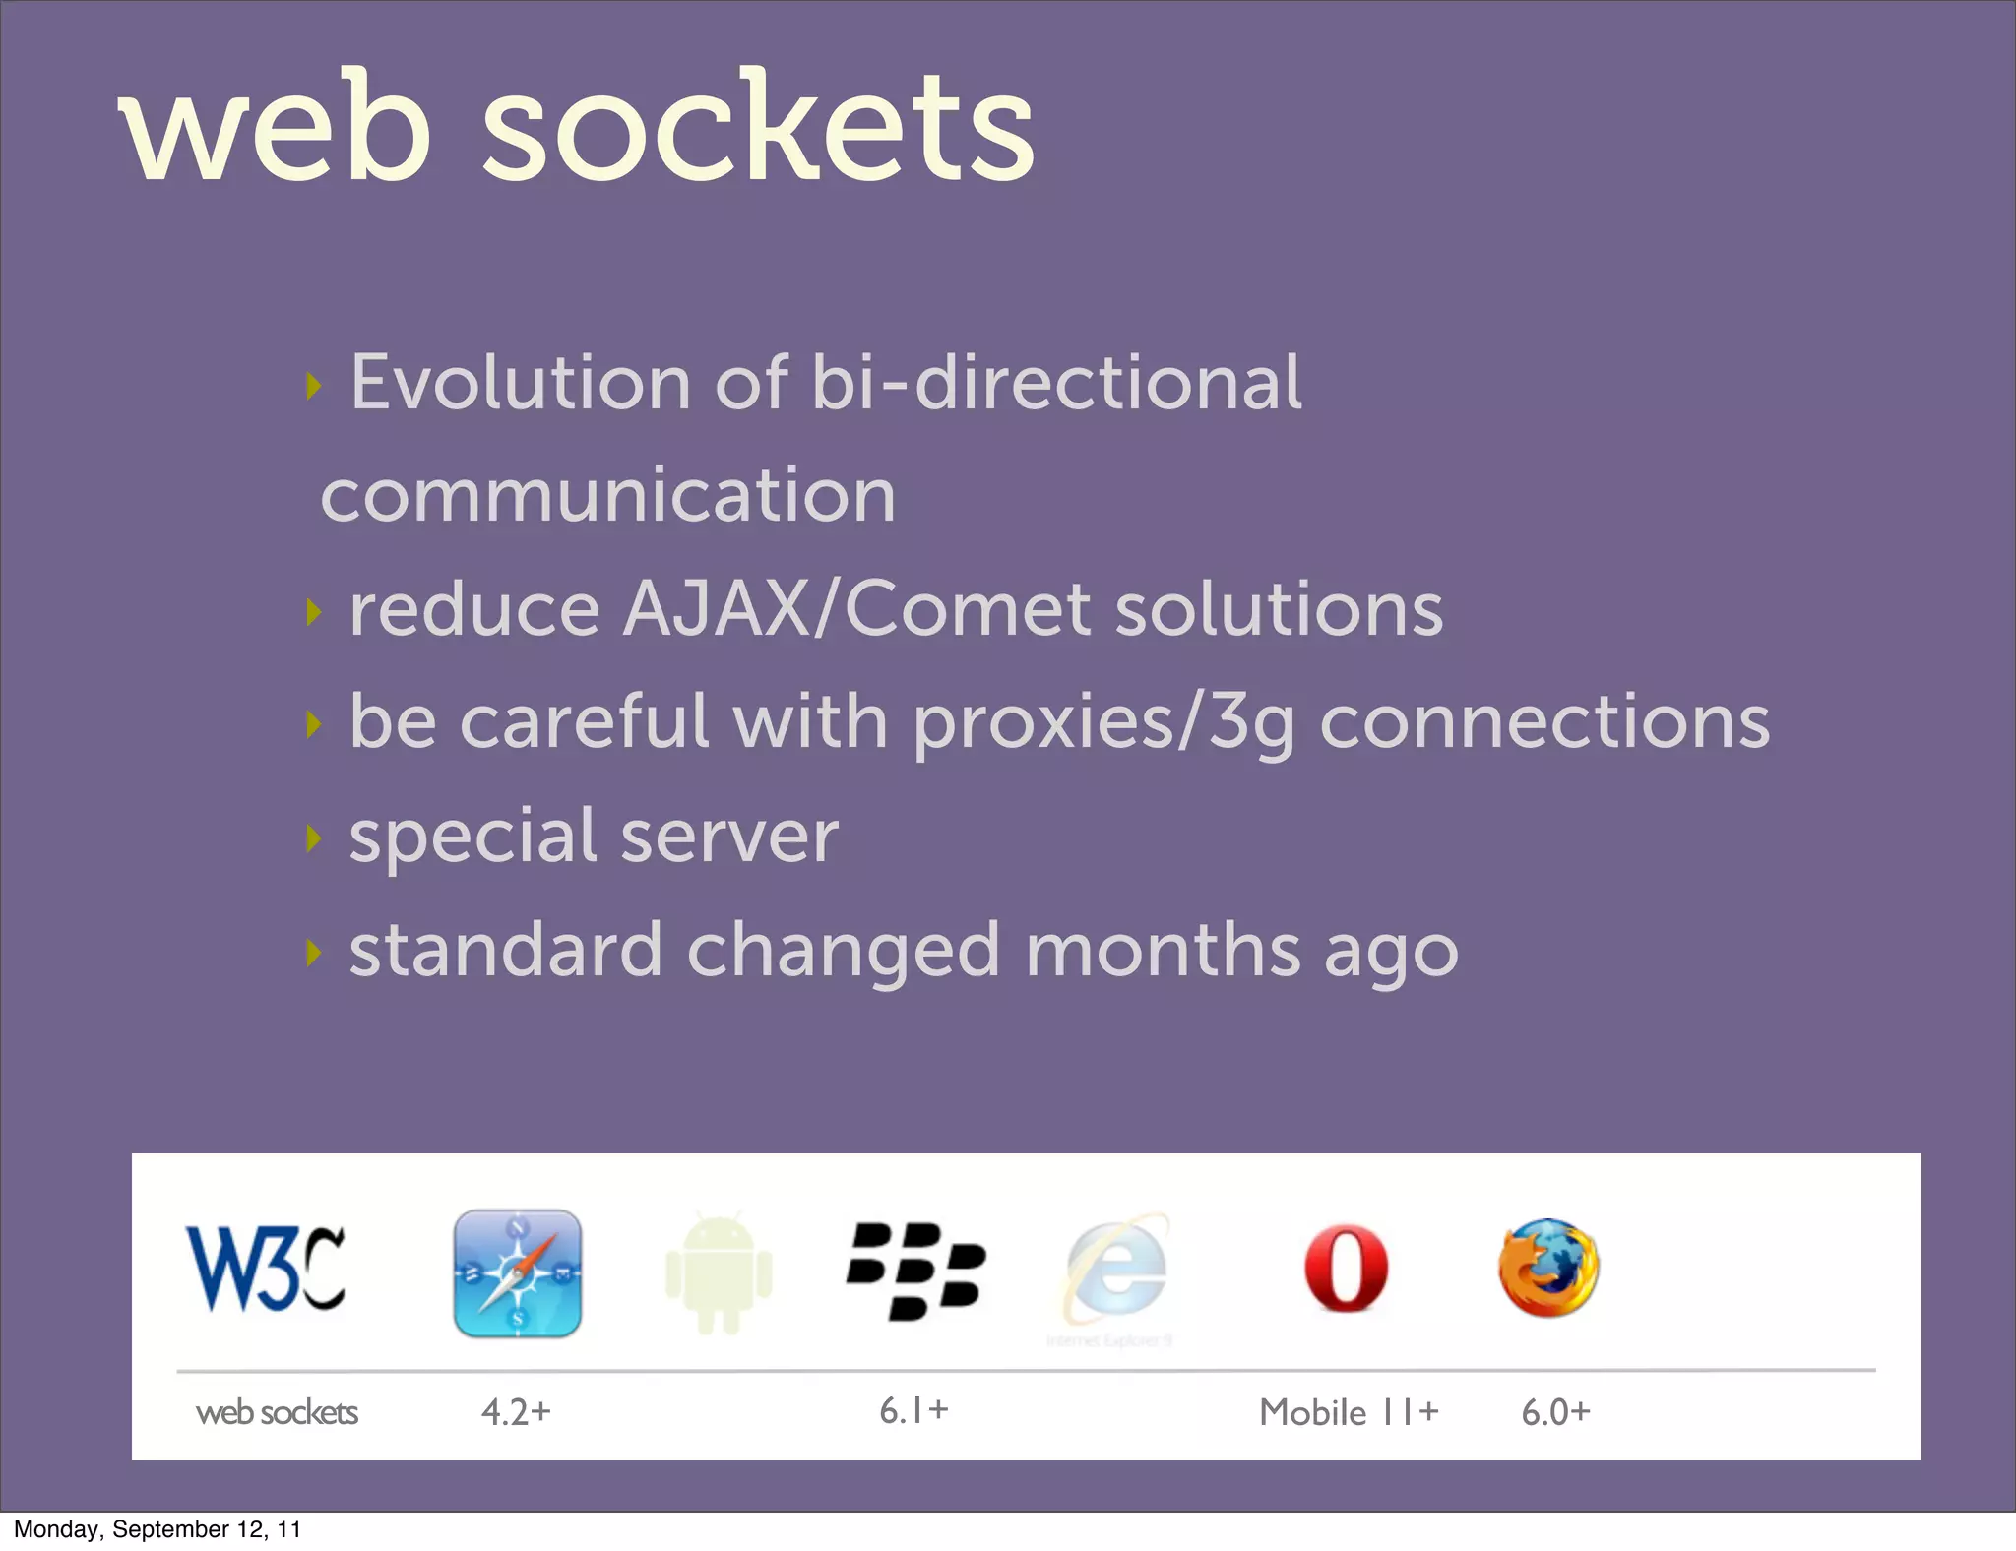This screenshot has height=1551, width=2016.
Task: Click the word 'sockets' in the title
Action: tap(758, 128)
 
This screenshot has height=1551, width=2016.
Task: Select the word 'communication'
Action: tap(608, 495)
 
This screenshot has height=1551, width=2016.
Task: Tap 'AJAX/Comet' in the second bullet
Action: tap(856, 609)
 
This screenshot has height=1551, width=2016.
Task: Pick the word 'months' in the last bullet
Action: tap(1163, 951)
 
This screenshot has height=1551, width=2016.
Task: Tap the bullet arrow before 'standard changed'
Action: tap(313, 953)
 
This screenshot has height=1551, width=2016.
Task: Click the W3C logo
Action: tap(266, 1270)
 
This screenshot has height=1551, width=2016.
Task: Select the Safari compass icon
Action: tap(518, 1272)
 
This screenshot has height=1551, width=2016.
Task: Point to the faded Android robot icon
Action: tap(719, 1274)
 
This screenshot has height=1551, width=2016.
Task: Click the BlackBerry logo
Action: tap(915, 1271)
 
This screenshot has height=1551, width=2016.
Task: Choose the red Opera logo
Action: tap(1346, 1269)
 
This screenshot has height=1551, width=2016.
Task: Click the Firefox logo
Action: tap(1548, 1269)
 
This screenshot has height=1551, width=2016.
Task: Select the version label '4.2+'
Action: tap(516, 1412)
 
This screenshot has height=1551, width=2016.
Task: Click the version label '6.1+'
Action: tap(913, 1410)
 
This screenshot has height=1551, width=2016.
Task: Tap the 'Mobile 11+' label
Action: tap(1349, 1412)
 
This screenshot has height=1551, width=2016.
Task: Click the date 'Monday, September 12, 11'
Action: tap(157, 1529)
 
